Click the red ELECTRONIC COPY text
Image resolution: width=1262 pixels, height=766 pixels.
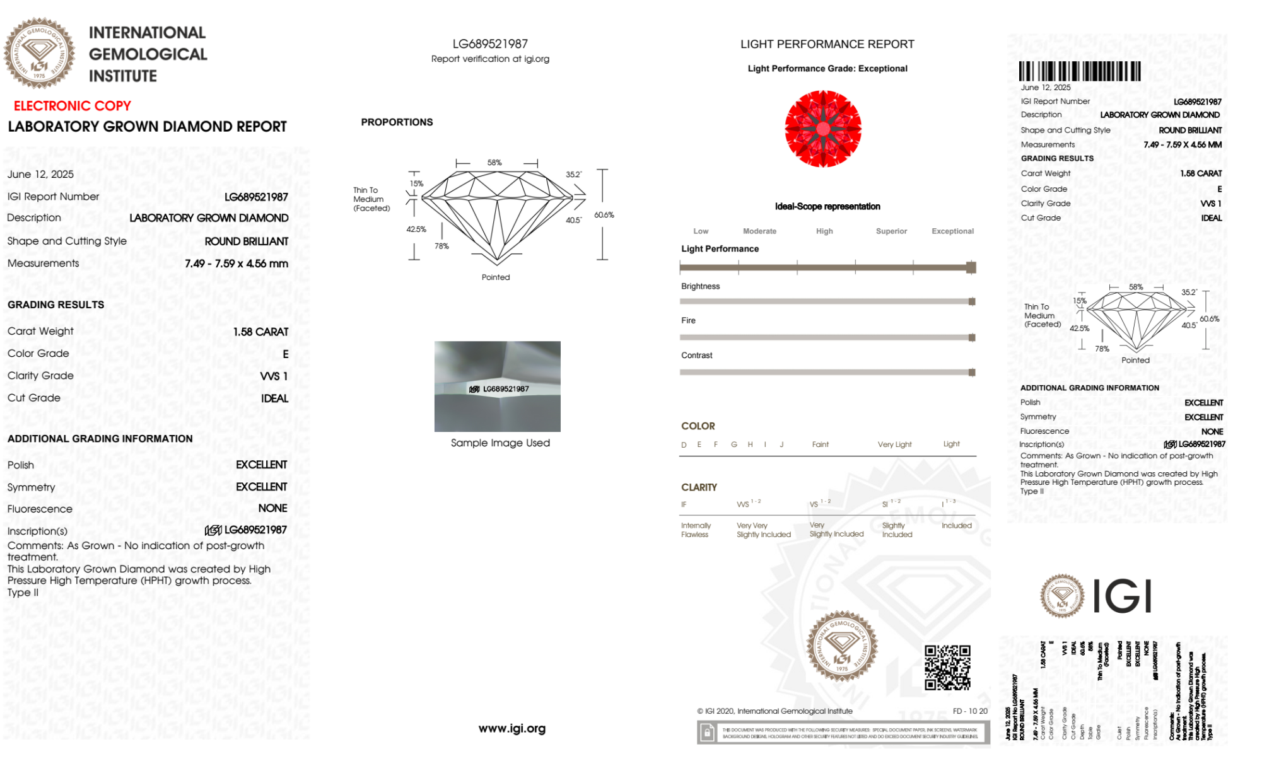73,106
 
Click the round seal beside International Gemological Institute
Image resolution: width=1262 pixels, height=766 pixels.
39,53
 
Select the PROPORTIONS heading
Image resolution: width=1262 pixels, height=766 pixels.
397,122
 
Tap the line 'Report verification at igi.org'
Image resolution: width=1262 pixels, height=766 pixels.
490,59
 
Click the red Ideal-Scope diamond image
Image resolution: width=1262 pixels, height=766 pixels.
823,129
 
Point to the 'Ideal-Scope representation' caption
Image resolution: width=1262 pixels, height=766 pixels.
827,206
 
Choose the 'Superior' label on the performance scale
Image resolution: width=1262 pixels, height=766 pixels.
891,231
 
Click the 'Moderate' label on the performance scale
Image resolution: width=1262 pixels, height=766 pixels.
759,231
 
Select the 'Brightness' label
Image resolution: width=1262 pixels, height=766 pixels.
700,286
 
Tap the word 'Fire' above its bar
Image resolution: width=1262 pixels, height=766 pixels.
688,320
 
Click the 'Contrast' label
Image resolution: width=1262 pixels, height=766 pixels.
696,356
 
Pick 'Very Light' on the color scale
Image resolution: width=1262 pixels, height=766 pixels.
894,444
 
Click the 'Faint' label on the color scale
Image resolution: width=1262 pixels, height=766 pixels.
820,444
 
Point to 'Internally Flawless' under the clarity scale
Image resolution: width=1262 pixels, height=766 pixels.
695,530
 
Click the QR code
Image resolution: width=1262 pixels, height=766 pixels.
947,668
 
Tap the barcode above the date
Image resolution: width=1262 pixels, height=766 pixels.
1080,71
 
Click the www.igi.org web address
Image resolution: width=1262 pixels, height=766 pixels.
511,729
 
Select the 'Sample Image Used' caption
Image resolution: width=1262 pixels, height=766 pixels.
500,443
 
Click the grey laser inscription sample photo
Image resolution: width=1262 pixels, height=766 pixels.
497,386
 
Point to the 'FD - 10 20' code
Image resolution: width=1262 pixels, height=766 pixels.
970,711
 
